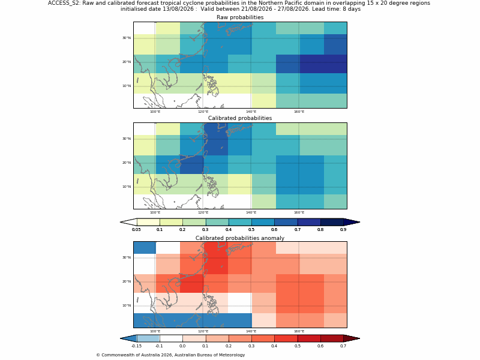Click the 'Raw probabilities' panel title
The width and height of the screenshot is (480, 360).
point(240,17)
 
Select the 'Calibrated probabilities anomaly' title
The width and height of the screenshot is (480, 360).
point(240,238)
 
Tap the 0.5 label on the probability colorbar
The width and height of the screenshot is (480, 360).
point(251,230)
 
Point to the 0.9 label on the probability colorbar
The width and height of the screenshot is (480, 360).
point(343,230)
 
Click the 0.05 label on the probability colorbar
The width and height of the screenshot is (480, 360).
point(136,230)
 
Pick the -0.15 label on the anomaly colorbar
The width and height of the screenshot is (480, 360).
point(136,346)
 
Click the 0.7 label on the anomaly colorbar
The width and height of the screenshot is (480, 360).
point(343,346)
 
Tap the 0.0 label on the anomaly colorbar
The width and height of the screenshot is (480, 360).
point(182,346)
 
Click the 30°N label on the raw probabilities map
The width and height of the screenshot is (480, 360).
point(127,38)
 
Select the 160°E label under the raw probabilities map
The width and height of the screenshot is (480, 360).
point(299,112)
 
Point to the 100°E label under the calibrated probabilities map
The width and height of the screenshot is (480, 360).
point(155,212)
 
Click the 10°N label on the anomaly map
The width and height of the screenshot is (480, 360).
point(127,305)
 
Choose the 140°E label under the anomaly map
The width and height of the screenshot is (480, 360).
point(251,331)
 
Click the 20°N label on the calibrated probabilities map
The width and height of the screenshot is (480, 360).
point(127,163)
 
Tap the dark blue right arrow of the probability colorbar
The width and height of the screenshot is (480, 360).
point(352,222)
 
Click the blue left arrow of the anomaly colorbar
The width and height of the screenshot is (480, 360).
point(128,338)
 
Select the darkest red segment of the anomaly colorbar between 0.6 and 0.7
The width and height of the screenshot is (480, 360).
point(332,338)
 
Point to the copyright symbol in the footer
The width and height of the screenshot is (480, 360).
point(98,355)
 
